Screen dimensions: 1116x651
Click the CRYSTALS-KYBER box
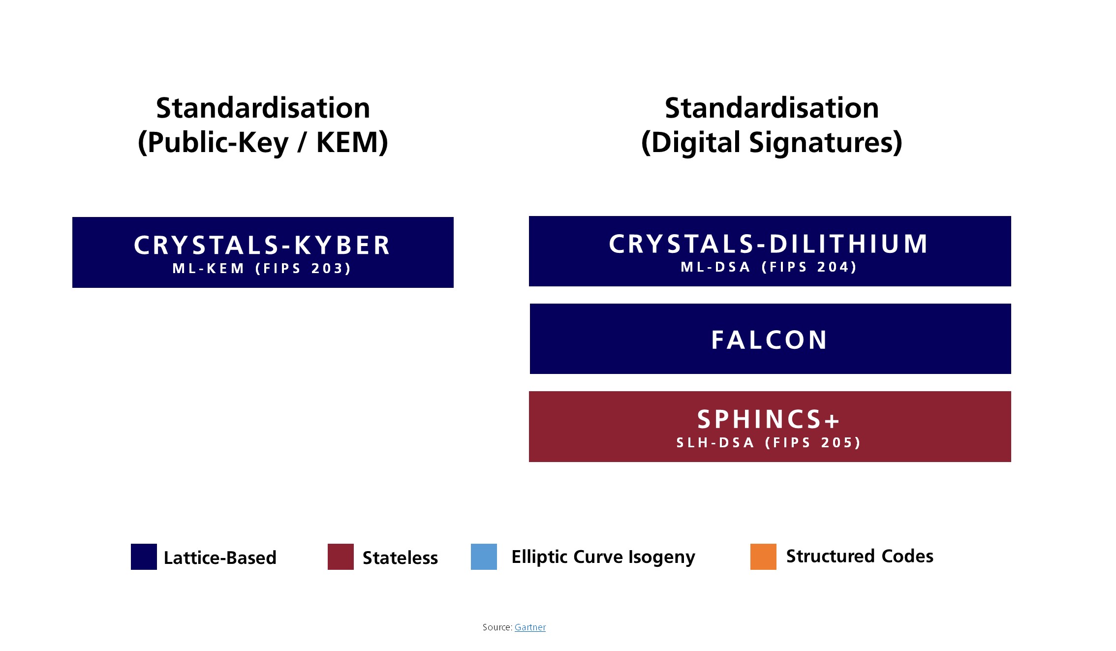pos(263,252)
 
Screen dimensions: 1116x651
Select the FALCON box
pos(770,339)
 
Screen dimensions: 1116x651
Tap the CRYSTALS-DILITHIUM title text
pos(769,244)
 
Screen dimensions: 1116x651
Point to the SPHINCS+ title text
pos(769,419)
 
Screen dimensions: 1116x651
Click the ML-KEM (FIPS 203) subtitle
pos(262,269)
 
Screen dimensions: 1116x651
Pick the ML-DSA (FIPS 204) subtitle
pos(769,267)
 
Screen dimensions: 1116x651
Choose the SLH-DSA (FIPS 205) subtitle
pos(769,443)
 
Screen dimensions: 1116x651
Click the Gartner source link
pos(530,627)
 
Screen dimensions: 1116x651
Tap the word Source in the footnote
pos(496,627)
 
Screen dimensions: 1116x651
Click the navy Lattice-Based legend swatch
pos(144,557)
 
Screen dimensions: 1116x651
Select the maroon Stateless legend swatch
pos(341,557)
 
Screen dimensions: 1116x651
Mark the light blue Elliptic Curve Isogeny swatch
pos(484,557)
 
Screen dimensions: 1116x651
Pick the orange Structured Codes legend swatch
pos(763,557)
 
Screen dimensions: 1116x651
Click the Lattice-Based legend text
pos(220,558)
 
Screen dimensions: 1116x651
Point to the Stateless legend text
pos(400,558)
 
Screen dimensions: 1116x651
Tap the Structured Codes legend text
pos(860,556)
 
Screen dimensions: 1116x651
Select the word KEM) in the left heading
pos(352,143)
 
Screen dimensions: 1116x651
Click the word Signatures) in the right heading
pos(826,143)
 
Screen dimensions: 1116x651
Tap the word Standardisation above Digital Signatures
pos(772,108)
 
